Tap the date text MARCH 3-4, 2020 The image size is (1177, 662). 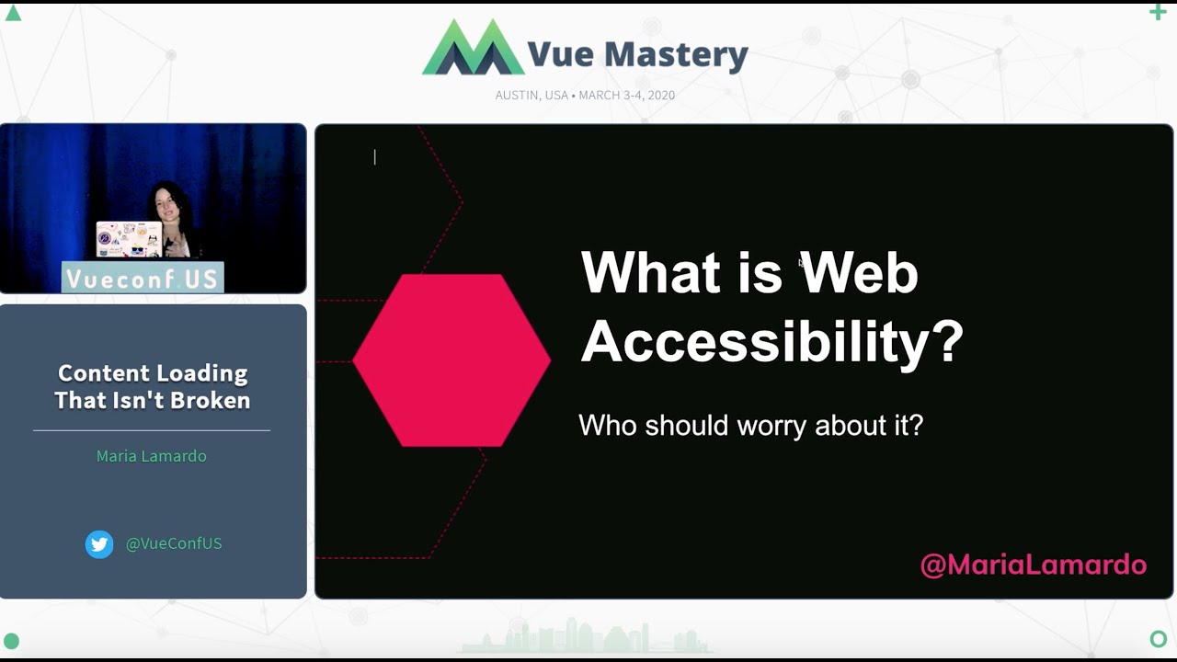pyautogui.click(x=626, y=95)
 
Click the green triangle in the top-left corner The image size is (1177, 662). pyautogui.click(x=13, y=13)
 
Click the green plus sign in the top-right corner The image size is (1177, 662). pyautogui.click(x=1158, y=12)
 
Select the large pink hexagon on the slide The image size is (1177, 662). pyautogui.click(x=451, y=360)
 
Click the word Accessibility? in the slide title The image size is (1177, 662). pyautogui.click(x=771, y=342)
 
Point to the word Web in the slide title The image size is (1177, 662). pyautogui.click(x=859, y=273)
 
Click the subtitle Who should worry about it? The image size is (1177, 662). pyautogui.click(x=750, y=425)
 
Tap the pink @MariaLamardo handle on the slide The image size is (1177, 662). pyautogui.click(x=1033, y=565)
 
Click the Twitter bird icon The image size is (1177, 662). pyautogui.click(x=99, y=544)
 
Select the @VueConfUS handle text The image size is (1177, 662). pyautogui.click(x=174, y=543)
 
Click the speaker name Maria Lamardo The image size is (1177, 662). pyautogui.click(x=152, y=456)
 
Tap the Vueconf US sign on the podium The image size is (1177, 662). pyautogui.click(x=143, y=279)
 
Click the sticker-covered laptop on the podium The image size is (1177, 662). pyautogui.click(x=129, y=240)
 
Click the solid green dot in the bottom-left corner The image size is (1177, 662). pyautogui.click(x=12, y=641)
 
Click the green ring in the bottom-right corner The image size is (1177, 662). pyautogui.click(x=1158, y=638)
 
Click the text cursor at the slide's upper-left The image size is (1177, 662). pyautogui.click(x=374, y=157)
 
